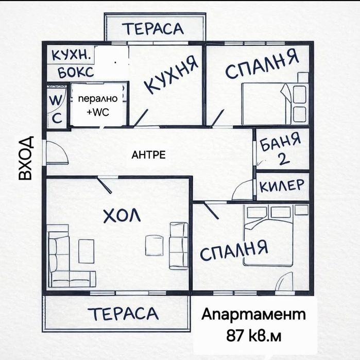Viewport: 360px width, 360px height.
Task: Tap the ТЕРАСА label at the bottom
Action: tap(122, 313)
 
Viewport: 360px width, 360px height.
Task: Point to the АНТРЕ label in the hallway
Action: tap(149, 155)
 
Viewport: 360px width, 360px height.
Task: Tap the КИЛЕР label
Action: tap(282, 186)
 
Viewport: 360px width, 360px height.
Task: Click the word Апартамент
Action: tap(253, 315)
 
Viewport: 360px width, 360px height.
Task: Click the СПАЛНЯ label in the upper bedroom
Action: tap(262, 64)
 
